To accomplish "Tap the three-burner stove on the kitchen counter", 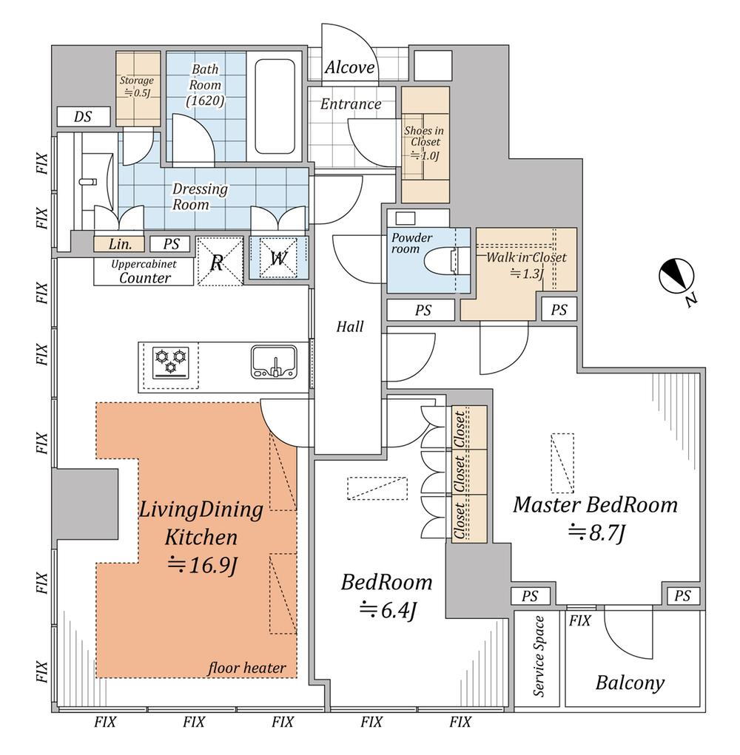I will click(171, 362).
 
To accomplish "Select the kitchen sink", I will click(274, 362).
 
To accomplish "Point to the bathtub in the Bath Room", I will click(275, 105).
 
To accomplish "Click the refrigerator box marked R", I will click(218, 260).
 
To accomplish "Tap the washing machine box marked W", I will click(277, 258).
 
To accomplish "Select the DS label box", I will click(84, 116).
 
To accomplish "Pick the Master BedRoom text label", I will click(596, 505).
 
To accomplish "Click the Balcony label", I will click(630, 683).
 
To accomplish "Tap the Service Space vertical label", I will click(539, 656).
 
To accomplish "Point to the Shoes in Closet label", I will click(424, 143).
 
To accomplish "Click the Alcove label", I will click(349, 68).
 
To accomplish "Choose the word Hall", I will click(350, 326).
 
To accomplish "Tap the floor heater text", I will click(246, 668).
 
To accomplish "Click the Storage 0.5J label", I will click(137, 86).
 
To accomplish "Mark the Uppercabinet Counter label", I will click(144, 271).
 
